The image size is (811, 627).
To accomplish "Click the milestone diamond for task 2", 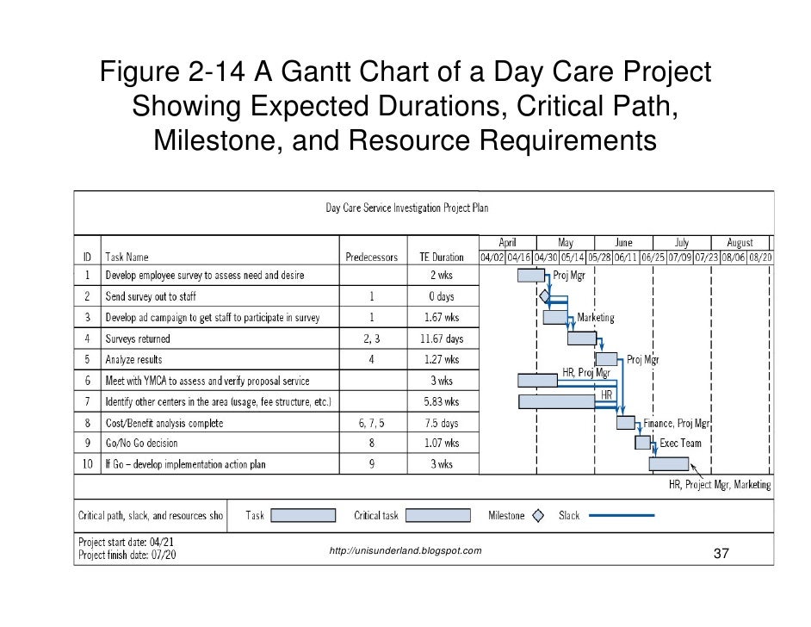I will tap(544, 296).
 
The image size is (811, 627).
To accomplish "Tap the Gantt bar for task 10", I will tap(668, 464).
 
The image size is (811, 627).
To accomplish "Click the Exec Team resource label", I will tap(681, 444).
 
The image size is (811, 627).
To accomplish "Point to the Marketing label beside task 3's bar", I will tap(596, 318).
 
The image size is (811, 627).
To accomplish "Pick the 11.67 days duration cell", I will tap(441, 338).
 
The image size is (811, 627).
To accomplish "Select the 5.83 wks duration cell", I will tap(441, 401).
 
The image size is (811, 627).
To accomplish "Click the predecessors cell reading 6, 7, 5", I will tap(372, 423).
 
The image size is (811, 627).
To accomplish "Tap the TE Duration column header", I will tap(441, 257).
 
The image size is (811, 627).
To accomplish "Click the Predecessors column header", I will tap(371, 257).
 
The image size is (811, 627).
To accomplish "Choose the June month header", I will tap(623, 243).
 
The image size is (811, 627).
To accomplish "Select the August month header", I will tap(740, 243).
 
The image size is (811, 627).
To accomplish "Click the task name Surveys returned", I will tap(138, 338).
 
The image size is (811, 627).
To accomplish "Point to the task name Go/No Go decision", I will tap(141, 444).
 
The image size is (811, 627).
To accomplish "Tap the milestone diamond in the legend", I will tap(538, 516).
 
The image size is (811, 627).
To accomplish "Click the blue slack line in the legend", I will tap(622, 516).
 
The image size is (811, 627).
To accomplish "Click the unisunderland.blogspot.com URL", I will tap(405, 550).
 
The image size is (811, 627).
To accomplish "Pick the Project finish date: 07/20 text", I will tap(127, 556).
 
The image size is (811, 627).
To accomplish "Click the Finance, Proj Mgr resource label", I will tap(678, 423).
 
